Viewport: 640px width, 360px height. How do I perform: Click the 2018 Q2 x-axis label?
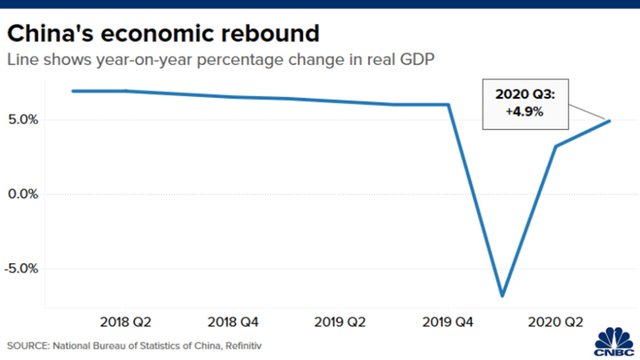(126, 323)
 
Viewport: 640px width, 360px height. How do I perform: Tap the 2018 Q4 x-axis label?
(233, 323)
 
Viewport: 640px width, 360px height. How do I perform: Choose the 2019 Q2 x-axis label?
(340, 323)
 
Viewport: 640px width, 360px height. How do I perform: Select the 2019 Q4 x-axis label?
(448, 323)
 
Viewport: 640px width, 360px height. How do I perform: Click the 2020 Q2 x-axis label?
(556, 323)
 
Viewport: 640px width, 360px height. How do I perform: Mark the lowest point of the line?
(502, 295)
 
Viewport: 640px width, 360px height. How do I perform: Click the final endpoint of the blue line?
(610, 121)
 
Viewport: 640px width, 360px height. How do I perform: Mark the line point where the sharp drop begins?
(448, 105)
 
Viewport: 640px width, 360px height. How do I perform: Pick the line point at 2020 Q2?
(556, 146)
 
